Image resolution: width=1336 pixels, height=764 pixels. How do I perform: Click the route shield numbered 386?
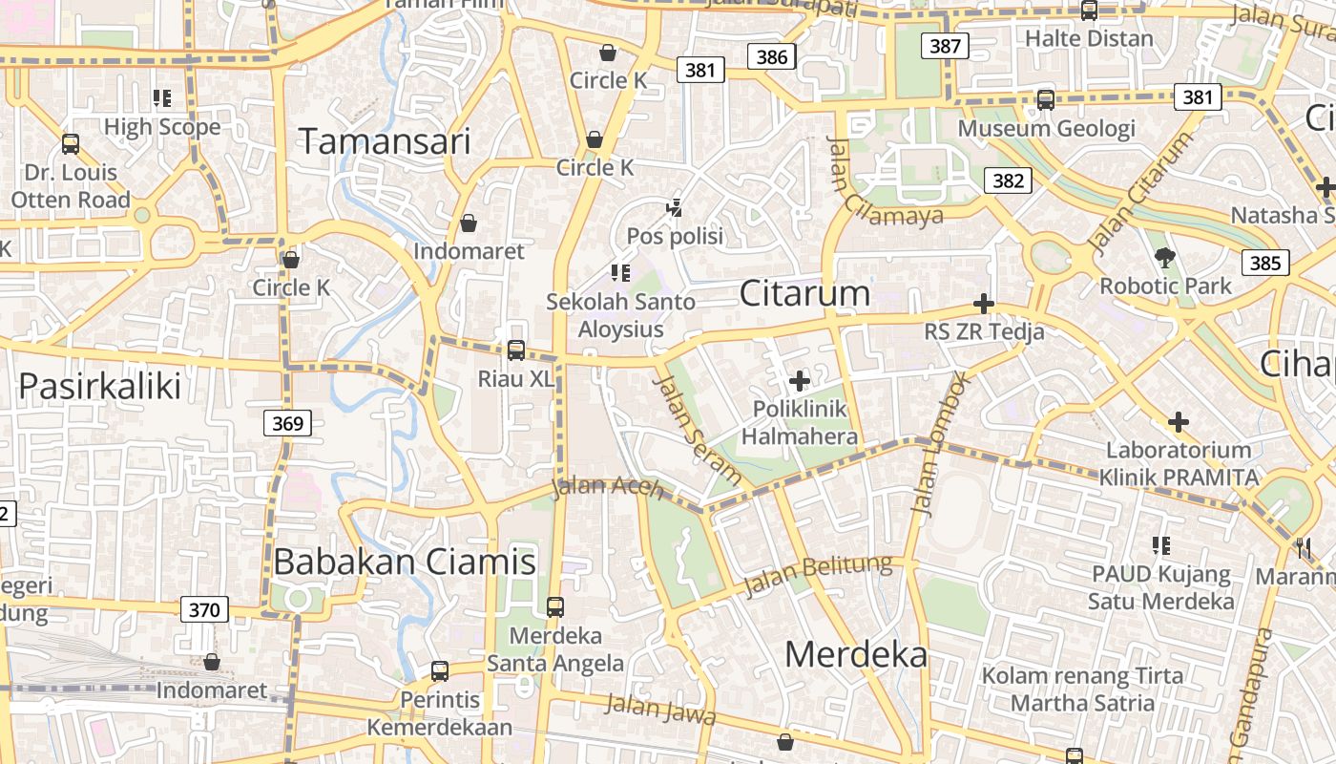[x=772, y=56]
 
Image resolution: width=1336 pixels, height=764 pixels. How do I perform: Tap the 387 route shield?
[x=945, y=46]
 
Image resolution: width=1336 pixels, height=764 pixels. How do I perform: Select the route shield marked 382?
[x=1008, y=180]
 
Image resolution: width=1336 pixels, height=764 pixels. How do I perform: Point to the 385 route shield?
[x=1265, y=263]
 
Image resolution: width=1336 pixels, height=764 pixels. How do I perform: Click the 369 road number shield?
[x=287, y=423]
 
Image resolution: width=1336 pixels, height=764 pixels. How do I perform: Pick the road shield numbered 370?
[x=204, y=609]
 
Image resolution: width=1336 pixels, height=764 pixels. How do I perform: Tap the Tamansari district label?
[x=386, y=141]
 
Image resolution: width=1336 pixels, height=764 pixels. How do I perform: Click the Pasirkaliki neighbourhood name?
[x=100, y=386]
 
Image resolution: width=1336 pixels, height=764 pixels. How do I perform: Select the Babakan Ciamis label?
[x=405, y=562]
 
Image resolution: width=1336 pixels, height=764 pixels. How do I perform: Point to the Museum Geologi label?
[x=1047, y=128]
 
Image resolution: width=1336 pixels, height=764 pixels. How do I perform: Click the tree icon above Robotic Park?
[x=1164, y=257]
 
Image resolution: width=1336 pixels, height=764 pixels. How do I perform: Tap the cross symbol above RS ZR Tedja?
[x=983, y=304]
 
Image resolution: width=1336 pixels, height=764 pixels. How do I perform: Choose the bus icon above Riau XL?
[x=516, y=350]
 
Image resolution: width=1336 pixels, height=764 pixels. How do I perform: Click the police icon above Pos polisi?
[x=675, y=206]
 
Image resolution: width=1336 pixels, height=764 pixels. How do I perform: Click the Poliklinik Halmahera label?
[x=800, y=423]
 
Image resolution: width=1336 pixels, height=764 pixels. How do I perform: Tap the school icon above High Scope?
[x=162, y=97]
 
